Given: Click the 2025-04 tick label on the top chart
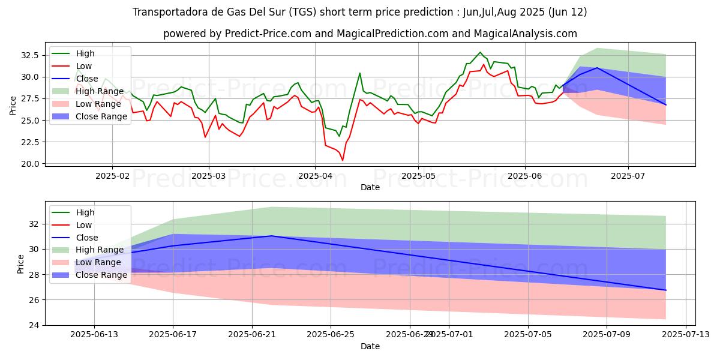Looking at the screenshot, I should [x=315, y=176].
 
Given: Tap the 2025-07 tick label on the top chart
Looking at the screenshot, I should [x=628, y=176].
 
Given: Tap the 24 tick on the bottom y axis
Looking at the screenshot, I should [x=34, y=325].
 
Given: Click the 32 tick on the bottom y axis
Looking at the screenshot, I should [x=34, y=224].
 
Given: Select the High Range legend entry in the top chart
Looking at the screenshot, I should [x=100, y=91].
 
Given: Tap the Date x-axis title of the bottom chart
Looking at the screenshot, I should [x=370, y=346].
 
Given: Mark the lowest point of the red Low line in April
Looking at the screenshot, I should [x=343, y=160].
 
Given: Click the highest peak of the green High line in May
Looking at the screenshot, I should [x=480, y=52].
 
